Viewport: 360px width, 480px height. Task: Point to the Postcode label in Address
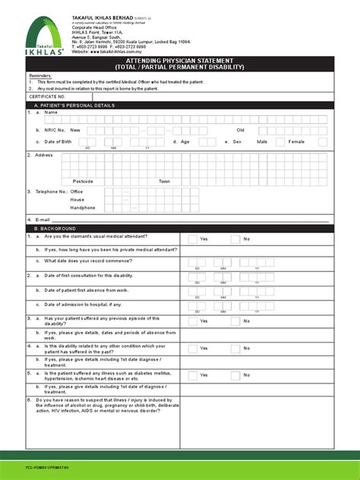83,182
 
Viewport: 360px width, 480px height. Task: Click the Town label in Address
165,182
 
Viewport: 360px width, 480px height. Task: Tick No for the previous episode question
237,321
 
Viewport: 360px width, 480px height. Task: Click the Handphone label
83,207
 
